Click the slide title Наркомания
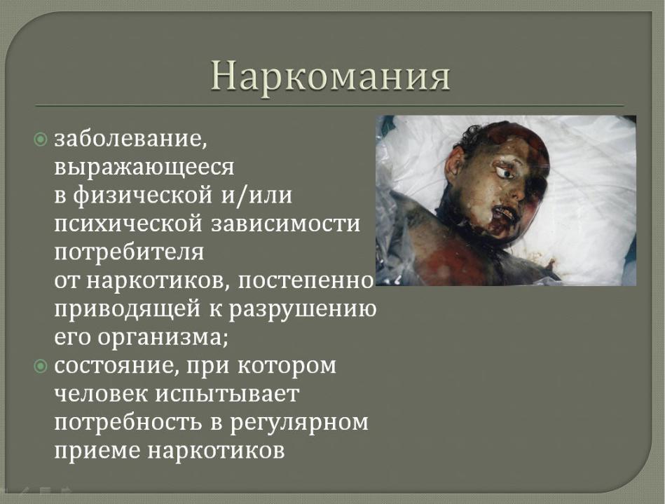[x=330, y=76]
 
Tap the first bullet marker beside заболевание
[x=40, y=139]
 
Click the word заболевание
[x=130, y=139]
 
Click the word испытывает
[x=227, y=394]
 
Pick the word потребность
[x=127, y=423]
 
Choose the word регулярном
[x=299, y=423]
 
